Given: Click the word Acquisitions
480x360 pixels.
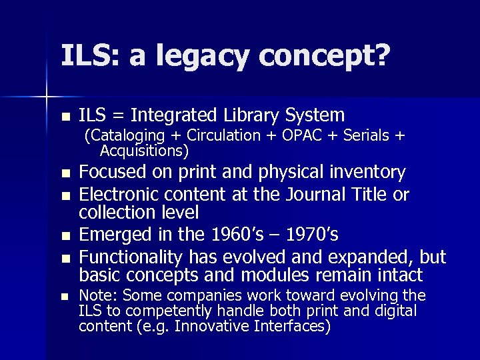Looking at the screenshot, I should [x=144, y=151].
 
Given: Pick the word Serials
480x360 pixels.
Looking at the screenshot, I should [x=365, y=136].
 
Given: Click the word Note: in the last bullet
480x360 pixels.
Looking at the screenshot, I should [x=98, y=295].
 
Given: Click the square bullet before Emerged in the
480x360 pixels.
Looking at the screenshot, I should [x=65, y=236].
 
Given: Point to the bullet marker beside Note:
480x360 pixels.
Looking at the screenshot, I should [x=65, y=297].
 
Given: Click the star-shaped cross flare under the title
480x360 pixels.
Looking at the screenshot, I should [x=47, y=98].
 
